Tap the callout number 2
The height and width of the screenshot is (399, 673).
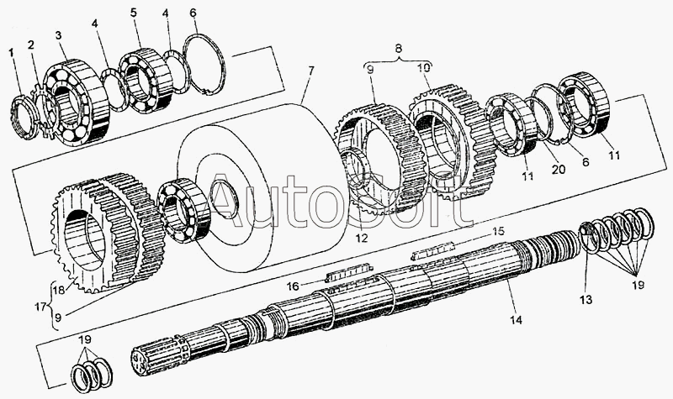pos(31,45)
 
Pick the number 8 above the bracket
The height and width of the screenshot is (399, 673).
pos(399,49)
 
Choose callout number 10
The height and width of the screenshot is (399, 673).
pos(427,67)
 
